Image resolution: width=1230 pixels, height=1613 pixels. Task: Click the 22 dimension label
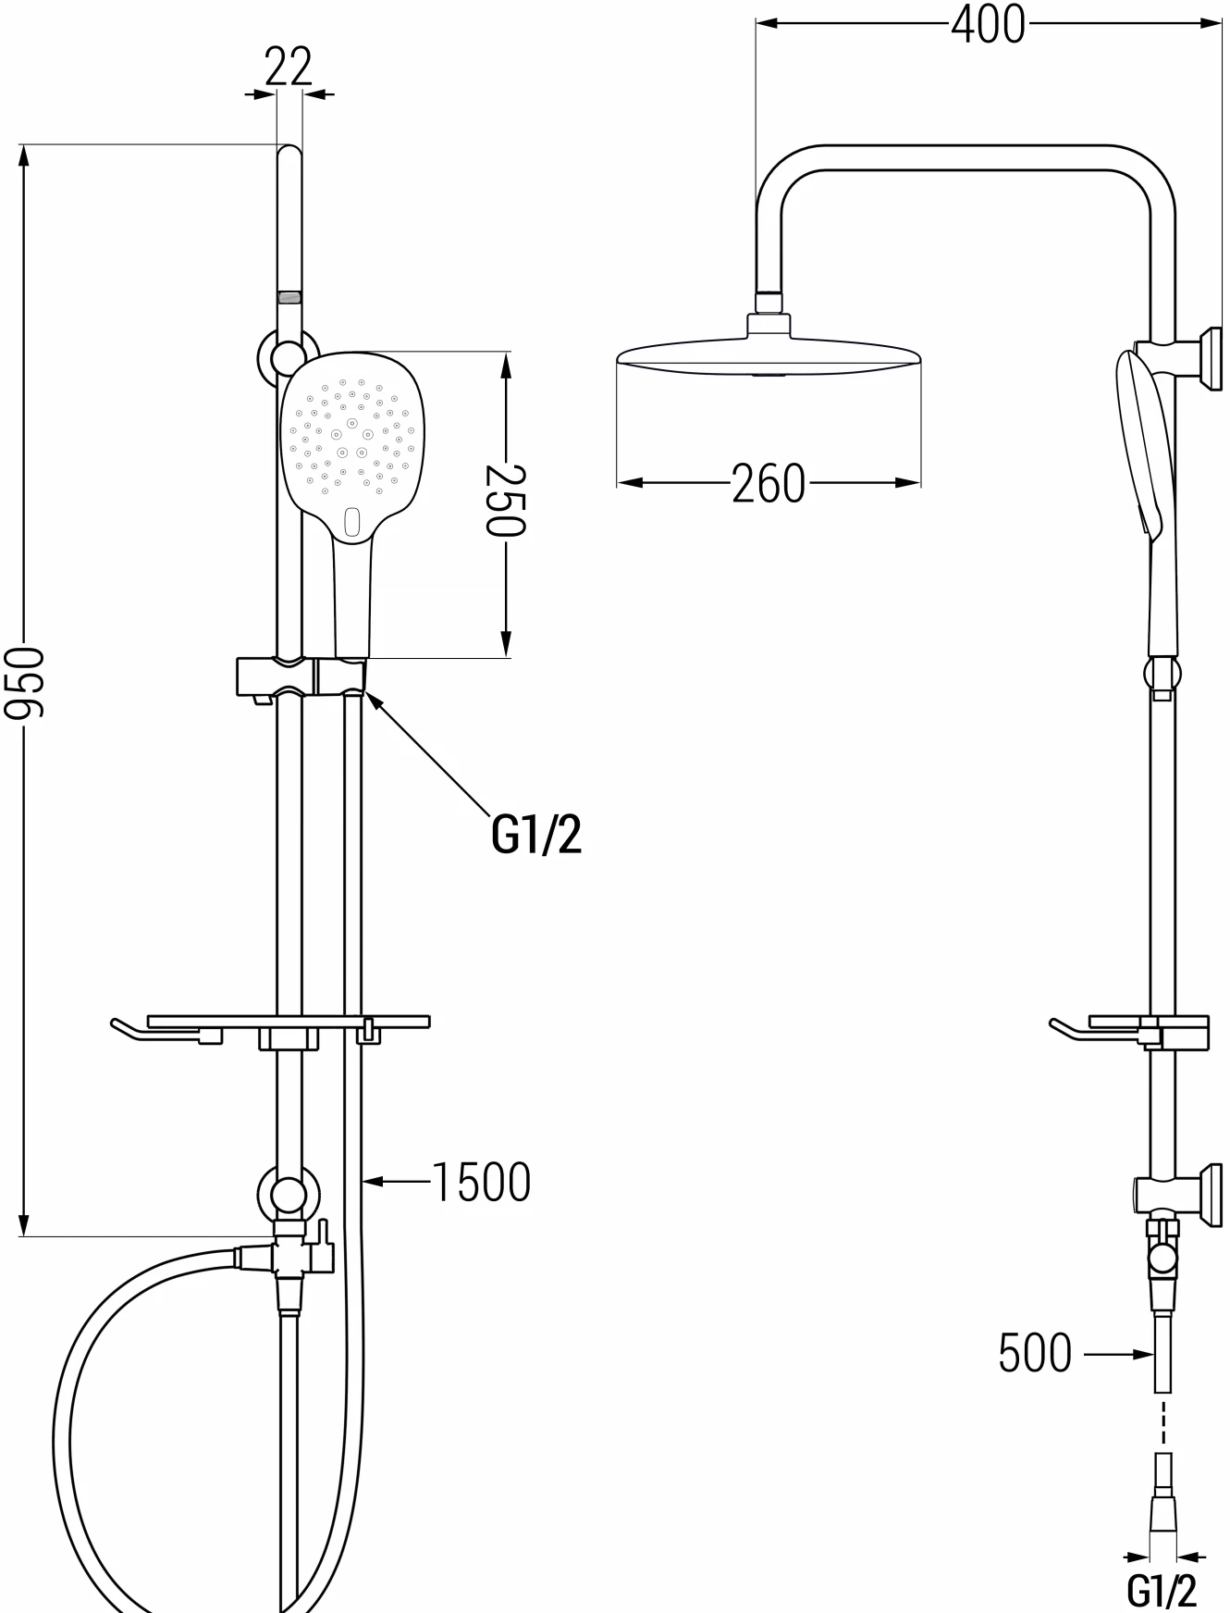[289, 67]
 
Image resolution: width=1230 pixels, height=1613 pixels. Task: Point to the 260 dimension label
[769, 483]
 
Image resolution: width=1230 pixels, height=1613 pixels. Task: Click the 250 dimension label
[506, 500]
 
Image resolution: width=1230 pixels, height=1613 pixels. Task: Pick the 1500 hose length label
[482, 1182]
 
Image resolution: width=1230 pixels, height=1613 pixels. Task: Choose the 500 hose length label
[1035, 1353]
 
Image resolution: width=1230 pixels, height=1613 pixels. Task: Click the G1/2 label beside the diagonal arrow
[536, 835]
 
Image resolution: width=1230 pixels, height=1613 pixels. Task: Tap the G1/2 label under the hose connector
[1162, 1590]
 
